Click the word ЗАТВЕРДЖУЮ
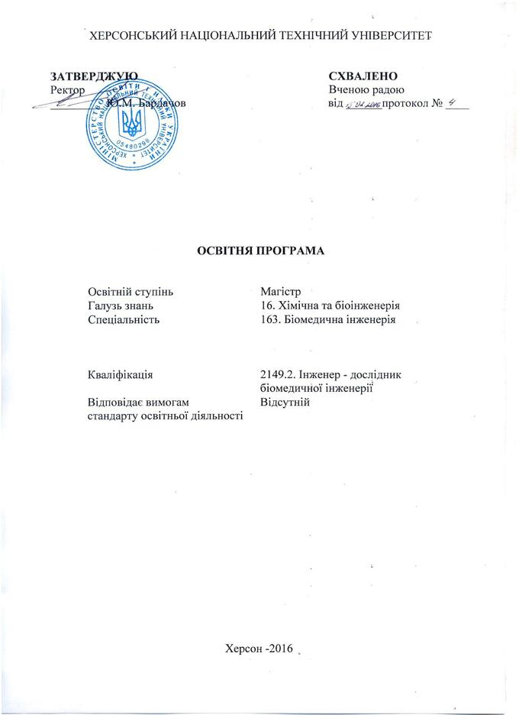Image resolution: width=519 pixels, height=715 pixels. pyautogui.click(x=94, y=76)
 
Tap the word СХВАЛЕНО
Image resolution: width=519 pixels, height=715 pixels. pyautogui.click(x=364, y=76)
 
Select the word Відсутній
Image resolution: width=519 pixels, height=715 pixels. pyautogui.click(x=284, y=402)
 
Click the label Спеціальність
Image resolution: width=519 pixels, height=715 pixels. pyautogui.click(x=124, y=320)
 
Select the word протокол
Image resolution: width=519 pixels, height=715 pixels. pyautogui.click(x=406, y=103)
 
